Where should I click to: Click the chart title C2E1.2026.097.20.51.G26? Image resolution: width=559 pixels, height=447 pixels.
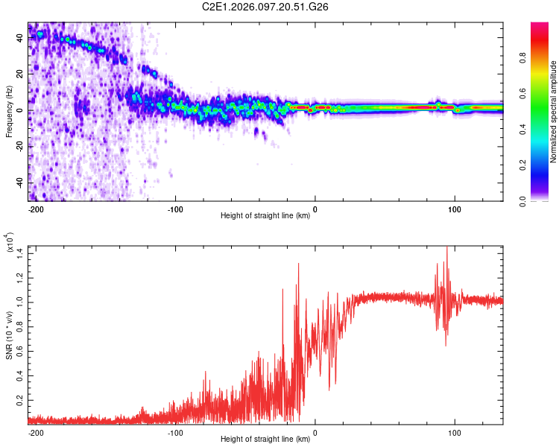point(265,7)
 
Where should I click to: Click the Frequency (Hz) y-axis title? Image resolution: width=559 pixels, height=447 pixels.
point(9,112)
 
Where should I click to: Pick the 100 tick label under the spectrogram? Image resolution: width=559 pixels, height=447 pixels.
point(454,209)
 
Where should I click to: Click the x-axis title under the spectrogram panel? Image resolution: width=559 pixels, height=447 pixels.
point(265,216)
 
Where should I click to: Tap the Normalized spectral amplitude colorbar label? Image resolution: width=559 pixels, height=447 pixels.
point(554,112)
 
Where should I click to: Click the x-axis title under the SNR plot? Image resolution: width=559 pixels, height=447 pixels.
point(265,440)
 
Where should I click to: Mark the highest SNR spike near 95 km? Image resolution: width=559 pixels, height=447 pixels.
point(446,248)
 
